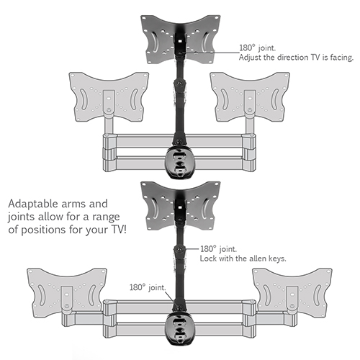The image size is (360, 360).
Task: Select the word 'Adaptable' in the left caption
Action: point(33,204)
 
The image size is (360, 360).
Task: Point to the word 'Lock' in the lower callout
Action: point(208,258)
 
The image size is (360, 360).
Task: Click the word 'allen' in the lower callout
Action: point(257,258)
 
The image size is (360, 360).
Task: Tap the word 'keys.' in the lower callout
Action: point(277,258)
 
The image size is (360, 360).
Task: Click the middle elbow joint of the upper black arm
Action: point(180,84)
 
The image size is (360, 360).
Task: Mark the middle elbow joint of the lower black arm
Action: point(180,250)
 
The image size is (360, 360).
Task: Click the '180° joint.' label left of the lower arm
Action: point(148,287)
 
